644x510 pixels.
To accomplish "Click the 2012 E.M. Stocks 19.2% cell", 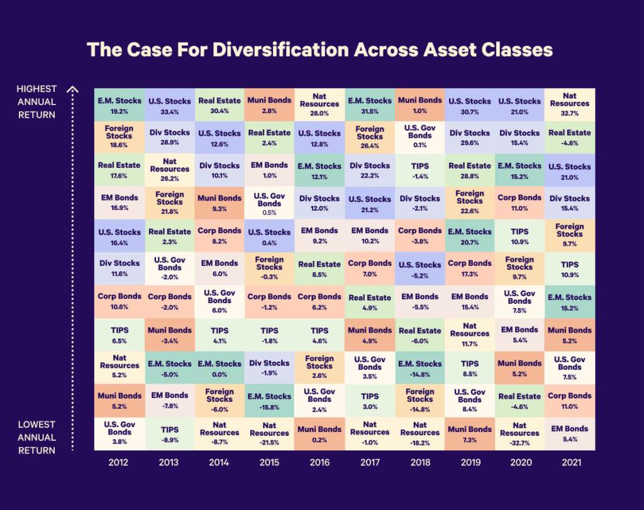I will pyautogui.click(x=119, y=104).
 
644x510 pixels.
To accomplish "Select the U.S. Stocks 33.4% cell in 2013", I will pyautogui.click(x=170, y=104).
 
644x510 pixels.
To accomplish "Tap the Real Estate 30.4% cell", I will pyautogui.click(x=219, y=104).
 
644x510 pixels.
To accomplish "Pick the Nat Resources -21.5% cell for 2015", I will pyautogui.click(x=270, y=433).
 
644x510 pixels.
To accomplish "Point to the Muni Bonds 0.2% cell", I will pyautogui.click(x=319, y=433).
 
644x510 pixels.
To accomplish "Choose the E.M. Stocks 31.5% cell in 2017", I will pyautogui.click(x=370, y=104).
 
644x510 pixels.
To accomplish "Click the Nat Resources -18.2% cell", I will pyautogui.click(x=419, y=433).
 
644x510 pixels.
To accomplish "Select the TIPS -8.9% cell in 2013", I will pyautogui.click(x=170, y=433).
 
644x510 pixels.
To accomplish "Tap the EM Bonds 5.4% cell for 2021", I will pyautogui.click(x=570, y=433).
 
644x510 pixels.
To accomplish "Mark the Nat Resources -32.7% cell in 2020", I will pyautogui.click(x=519, y=433).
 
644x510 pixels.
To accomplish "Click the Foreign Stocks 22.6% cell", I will pyautogui.click(x=470, y=203).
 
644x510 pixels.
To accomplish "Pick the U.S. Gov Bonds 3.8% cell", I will pyautogui.click(x=119, y=433).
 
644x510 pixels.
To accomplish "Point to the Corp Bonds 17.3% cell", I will pyautogui.click(x=470, y=269).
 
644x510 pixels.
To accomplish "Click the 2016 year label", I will pyautogui.click(x=319, y=462).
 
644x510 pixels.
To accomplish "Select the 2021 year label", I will pyautogui.click(x=570, y=462).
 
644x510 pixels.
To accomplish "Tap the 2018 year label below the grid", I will pyautogui.click(x=419, y=462).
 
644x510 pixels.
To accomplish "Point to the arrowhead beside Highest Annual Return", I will pyautogui.click(x=73, y=89).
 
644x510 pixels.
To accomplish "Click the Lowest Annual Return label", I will pyautogui.click(x=36, y=437).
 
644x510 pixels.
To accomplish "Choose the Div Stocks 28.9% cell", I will pyautogui.click(x=170, y=137).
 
